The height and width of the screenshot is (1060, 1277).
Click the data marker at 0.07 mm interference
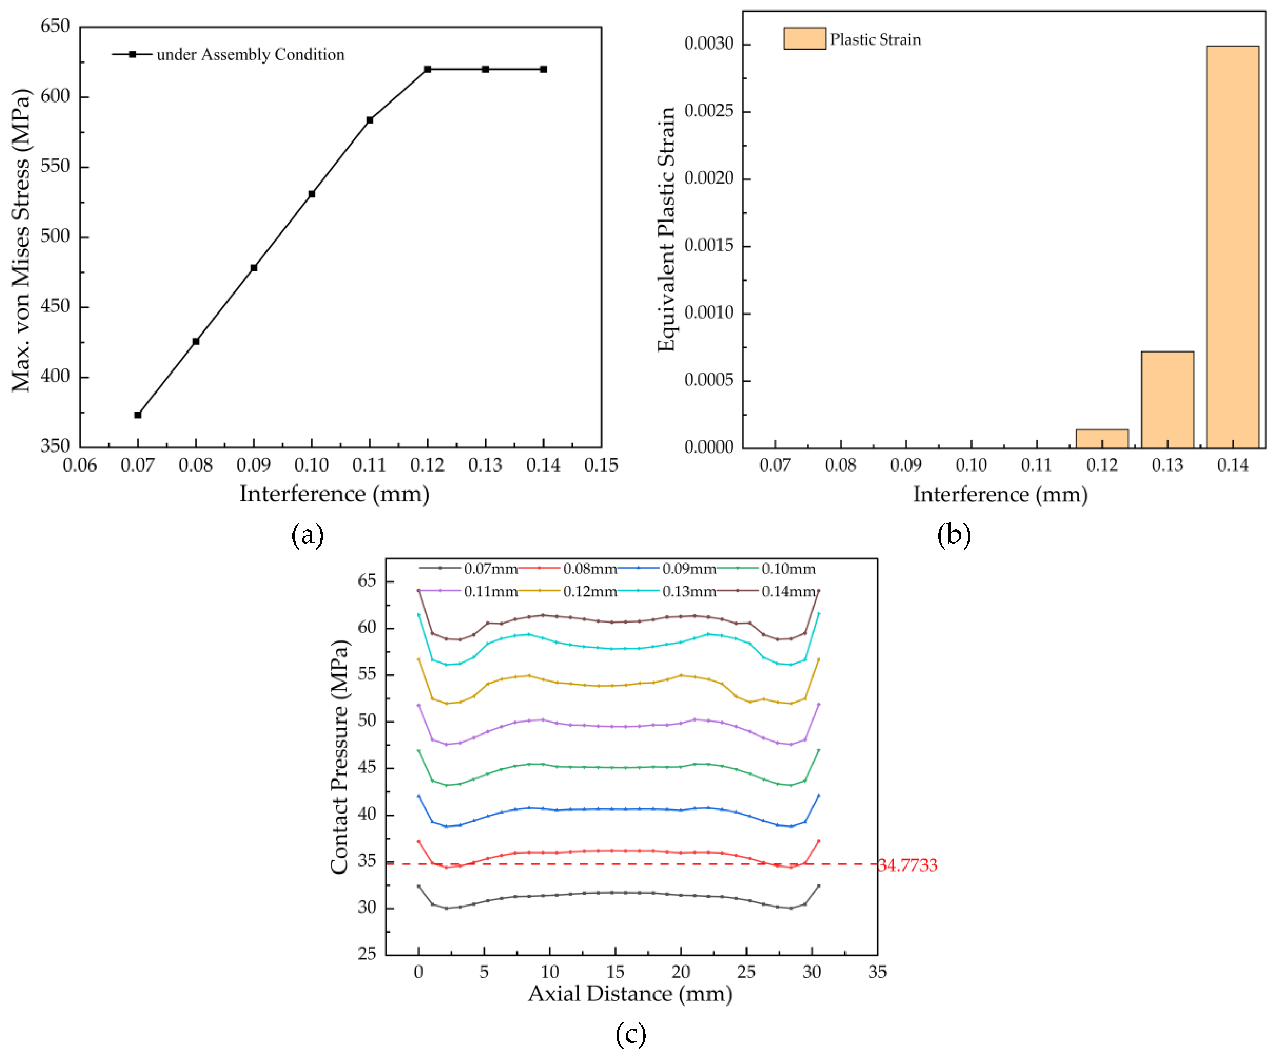pyautogui.click(x=138, y=415)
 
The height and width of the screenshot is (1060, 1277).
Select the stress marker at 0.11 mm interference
pyautogui.click(x=370, y=120)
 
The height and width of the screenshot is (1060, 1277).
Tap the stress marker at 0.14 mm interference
pyautogui.click(x=543, y=69)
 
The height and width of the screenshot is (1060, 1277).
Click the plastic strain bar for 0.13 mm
pyautogui.click(x=1167, y=400)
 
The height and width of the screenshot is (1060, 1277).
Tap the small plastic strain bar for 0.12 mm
pyautogui.click(x=1102, y=439)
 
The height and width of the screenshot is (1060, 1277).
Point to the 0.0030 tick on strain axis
pyautogui.click(x=709, y=44)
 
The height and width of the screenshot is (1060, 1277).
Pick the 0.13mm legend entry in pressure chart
pyautogui.click(x=689, y=591)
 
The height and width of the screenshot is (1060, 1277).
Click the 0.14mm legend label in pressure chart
pyautogui.click(x=789, y=591)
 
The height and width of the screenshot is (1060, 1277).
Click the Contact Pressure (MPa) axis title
pyautogui.click(x=339, y=757)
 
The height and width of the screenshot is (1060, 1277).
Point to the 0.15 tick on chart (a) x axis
pyautogui.click(x=601, y=465)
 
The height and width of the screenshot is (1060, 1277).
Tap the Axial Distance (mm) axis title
pyautogui.click(x=630, y=994)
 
